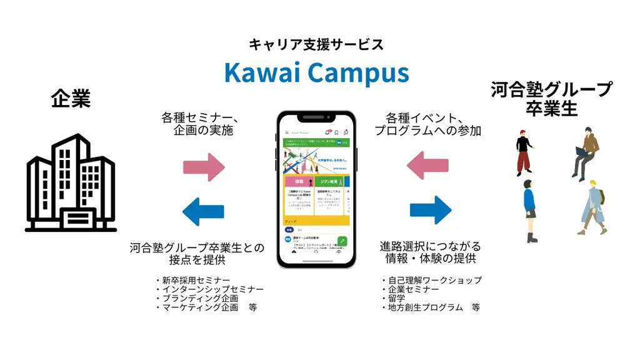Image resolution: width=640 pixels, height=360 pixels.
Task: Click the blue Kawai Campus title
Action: point(316,72)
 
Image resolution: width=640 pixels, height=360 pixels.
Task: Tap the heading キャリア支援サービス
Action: point(316,44)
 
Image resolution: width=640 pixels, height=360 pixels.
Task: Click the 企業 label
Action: point(71,99)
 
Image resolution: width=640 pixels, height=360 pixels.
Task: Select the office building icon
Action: point(71,182)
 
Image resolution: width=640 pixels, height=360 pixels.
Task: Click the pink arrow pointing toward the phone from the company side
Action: point(203,167)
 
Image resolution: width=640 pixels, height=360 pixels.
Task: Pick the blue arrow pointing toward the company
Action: point(203,211)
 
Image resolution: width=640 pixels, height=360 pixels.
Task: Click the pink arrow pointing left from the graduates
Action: point(427,166)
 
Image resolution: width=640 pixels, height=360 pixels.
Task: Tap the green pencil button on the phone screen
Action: point(342,241)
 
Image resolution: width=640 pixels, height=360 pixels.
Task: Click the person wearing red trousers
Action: point(524,153)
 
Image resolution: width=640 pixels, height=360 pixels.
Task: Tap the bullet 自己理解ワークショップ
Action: point(431,281)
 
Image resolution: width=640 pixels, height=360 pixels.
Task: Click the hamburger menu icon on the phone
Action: point(286,132)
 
